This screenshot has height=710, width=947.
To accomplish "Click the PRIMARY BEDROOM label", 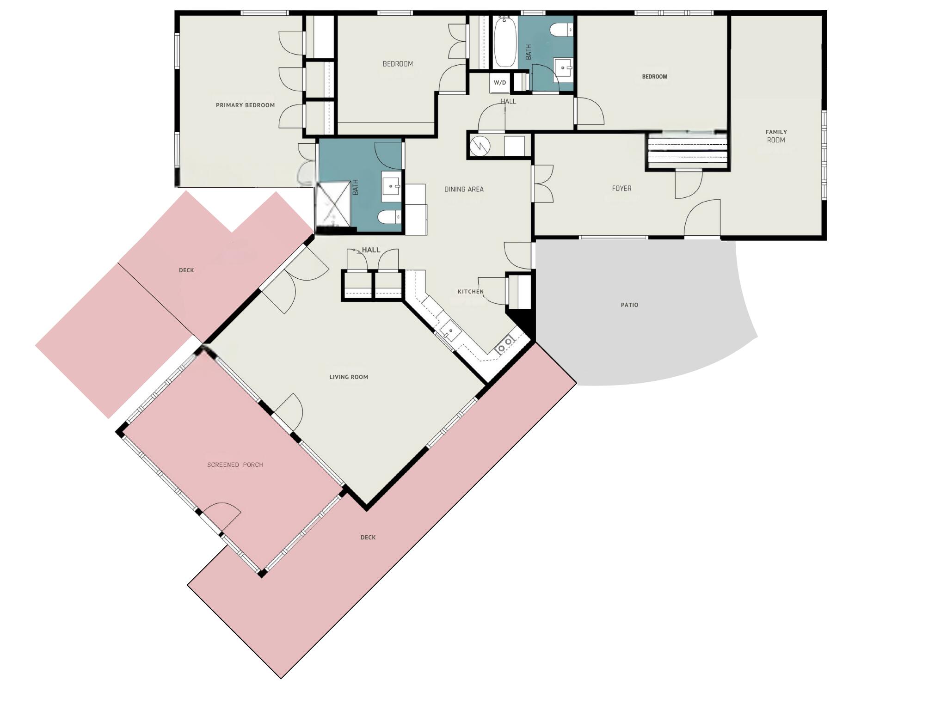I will click(245, 105).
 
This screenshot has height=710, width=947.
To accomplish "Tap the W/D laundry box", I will click(500, 83).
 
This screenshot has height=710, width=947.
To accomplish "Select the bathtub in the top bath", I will click(505, 43).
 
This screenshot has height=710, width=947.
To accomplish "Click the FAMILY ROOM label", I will click(776, 136).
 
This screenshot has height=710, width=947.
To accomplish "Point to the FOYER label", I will click(621, 189).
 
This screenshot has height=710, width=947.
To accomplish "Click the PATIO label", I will click(629, 305).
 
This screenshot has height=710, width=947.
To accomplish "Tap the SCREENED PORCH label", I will click(235, 465).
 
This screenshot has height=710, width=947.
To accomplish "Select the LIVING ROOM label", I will click(349, 377).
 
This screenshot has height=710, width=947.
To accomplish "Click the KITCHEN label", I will click(470, 292).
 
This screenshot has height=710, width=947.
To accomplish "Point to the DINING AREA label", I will click(464, 189).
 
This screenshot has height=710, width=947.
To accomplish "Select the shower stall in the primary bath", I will click(333, 204).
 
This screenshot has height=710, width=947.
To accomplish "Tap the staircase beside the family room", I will click(688, 152).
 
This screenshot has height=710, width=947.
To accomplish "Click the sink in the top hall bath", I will click(564, 68).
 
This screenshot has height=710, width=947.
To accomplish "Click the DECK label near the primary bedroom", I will click(186, 270).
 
